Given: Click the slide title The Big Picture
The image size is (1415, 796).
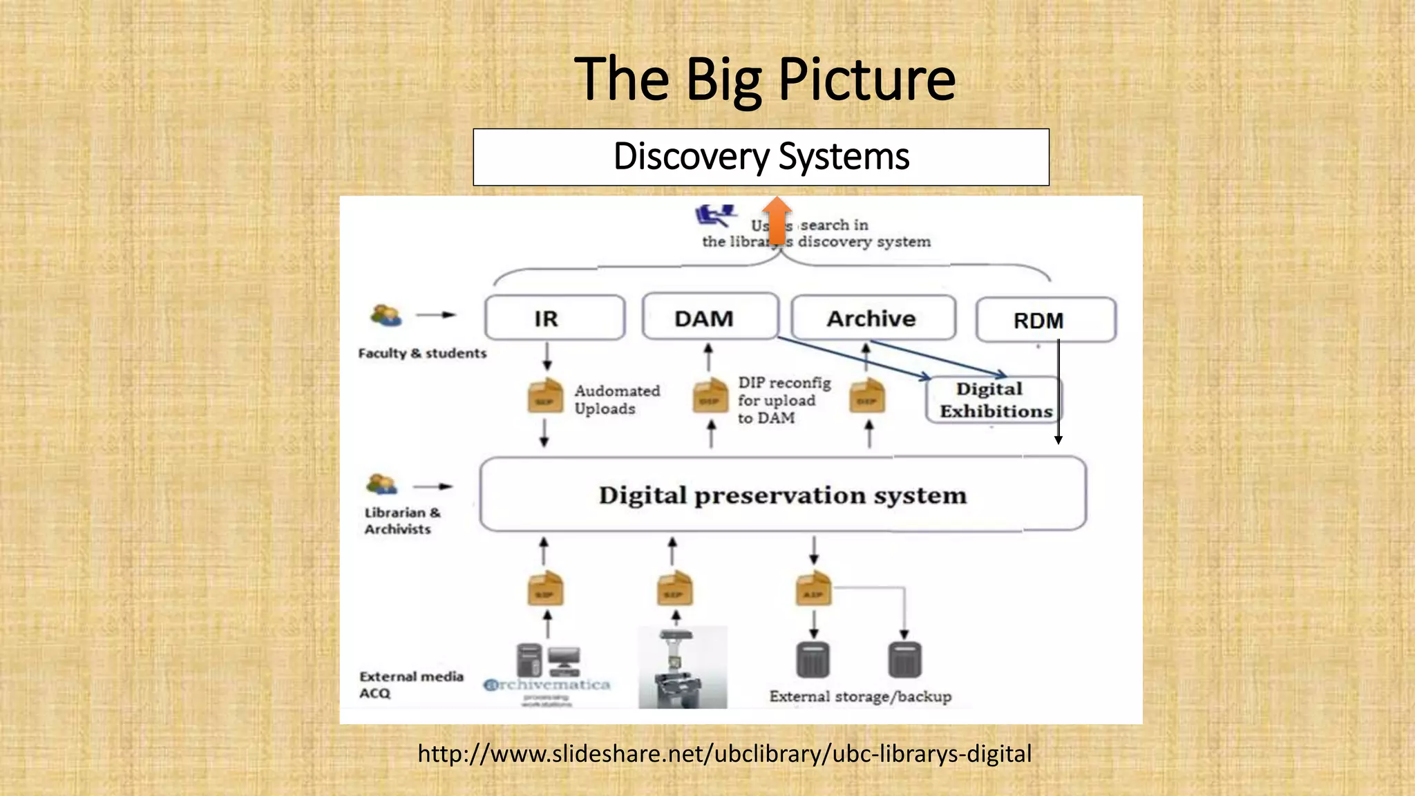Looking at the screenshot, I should (x=764, y=79).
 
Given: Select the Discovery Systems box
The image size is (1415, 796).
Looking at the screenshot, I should (x=761, y=157).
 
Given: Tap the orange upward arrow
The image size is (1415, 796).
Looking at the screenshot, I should (x=778, y=220).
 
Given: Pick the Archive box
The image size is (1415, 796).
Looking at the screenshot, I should (x=873, y=318).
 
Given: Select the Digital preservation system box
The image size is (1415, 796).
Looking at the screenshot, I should (x=782, y=495).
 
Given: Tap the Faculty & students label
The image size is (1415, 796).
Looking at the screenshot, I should (x=422, y=353).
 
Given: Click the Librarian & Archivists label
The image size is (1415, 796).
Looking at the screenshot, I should (x=401, y=521).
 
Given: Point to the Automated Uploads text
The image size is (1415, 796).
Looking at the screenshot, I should (x=616, y=399).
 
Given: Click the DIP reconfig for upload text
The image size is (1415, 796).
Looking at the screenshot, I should (x=783, y=400).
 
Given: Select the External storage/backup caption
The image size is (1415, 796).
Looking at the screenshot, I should (x=860, y=696).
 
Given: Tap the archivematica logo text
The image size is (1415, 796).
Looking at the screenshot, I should (x=547, y=685).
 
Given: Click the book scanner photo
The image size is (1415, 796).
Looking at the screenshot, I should (x=682, y=667).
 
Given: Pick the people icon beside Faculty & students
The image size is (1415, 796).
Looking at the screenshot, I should (x=386, y=315).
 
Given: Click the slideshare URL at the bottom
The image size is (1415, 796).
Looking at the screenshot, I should (x=724, y=753).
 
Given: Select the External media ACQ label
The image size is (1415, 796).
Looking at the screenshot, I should (x=410, y=685).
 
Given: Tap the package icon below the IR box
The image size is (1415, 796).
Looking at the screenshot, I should (x=545, y=397).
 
